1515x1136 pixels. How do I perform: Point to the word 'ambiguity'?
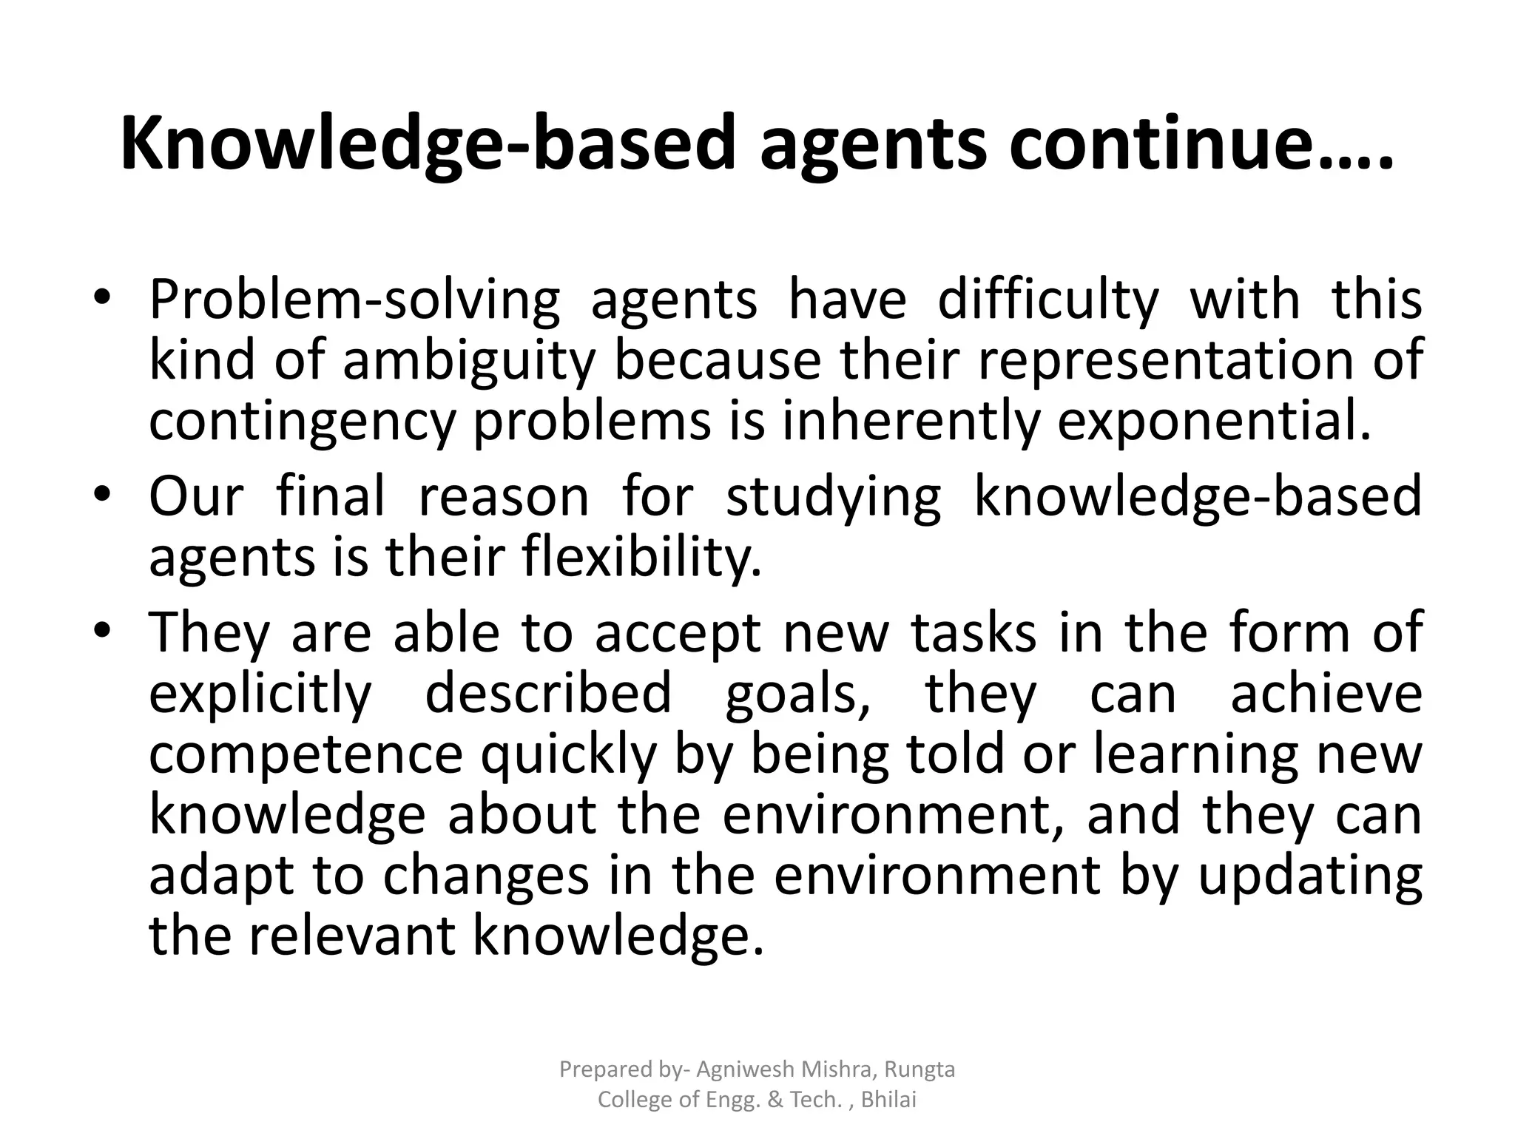(x=469, y=361)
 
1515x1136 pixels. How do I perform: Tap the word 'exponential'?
(x=1213, y=422)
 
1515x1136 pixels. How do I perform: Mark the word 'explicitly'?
(x=260, y=694)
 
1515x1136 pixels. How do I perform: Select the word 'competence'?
(x=306, y=754)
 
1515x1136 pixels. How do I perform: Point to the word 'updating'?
(x=1309, y=876)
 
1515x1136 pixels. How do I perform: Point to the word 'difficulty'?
(x=1048, y=300)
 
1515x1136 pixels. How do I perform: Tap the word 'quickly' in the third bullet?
(x=569, y=754)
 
